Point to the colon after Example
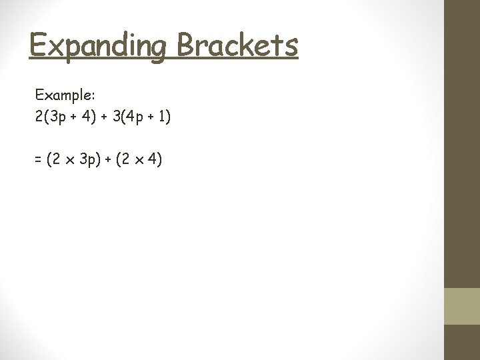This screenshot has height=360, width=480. pyautogui.click(x=95, y=97)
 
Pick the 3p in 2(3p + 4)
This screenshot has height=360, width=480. pyautogui.click(x=59, y=117)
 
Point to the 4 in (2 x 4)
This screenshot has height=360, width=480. pyautogui.click(x=151, y=161)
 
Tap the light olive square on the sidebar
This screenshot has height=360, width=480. pyautogui.click(x=462, y=306)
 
